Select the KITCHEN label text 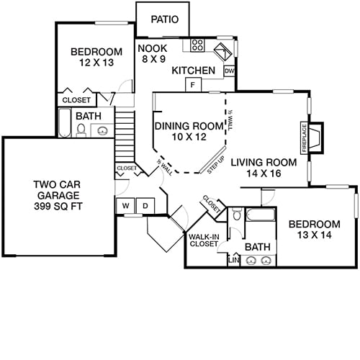click(194, 71)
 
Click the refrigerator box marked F click(193, 85)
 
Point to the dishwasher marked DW click(229, 71)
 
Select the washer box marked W click(125, 205)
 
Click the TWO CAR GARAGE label click(60, 195)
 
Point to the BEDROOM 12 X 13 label click(95, 58)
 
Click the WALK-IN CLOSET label click(204, 240)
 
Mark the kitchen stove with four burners click(197, 46)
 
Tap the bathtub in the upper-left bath click(64, 123)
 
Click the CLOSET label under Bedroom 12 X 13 click(76, 100)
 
